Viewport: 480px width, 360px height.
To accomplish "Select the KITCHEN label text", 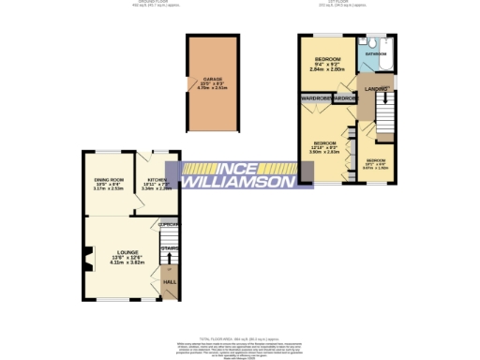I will point(155,179).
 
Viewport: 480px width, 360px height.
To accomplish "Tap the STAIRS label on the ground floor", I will point(170,248).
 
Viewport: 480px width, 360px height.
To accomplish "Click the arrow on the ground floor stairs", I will point(170,261).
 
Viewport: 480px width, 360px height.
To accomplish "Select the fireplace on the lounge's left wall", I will point(86,251).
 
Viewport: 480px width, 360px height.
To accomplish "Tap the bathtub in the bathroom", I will point(385,52).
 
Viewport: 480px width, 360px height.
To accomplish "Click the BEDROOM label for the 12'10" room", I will point(323,143).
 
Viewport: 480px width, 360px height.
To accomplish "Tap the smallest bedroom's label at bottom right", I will point(375,160).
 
